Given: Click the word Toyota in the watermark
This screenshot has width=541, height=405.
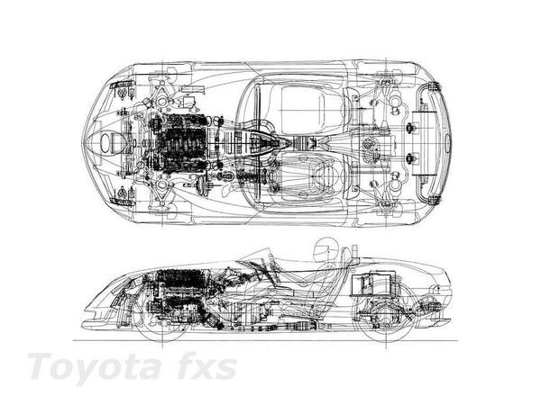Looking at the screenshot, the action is tap(95, 366).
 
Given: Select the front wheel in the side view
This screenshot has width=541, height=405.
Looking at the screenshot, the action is tap(162, 317).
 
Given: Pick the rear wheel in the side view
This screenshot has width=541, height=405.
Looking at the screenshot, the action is tap(386, 317).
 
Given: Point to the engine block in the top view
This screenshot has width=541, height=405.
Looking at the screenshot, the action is tap(179, 144).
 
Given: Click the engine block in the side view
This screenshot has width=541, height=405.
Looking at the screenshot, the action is tap(183, 292).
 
